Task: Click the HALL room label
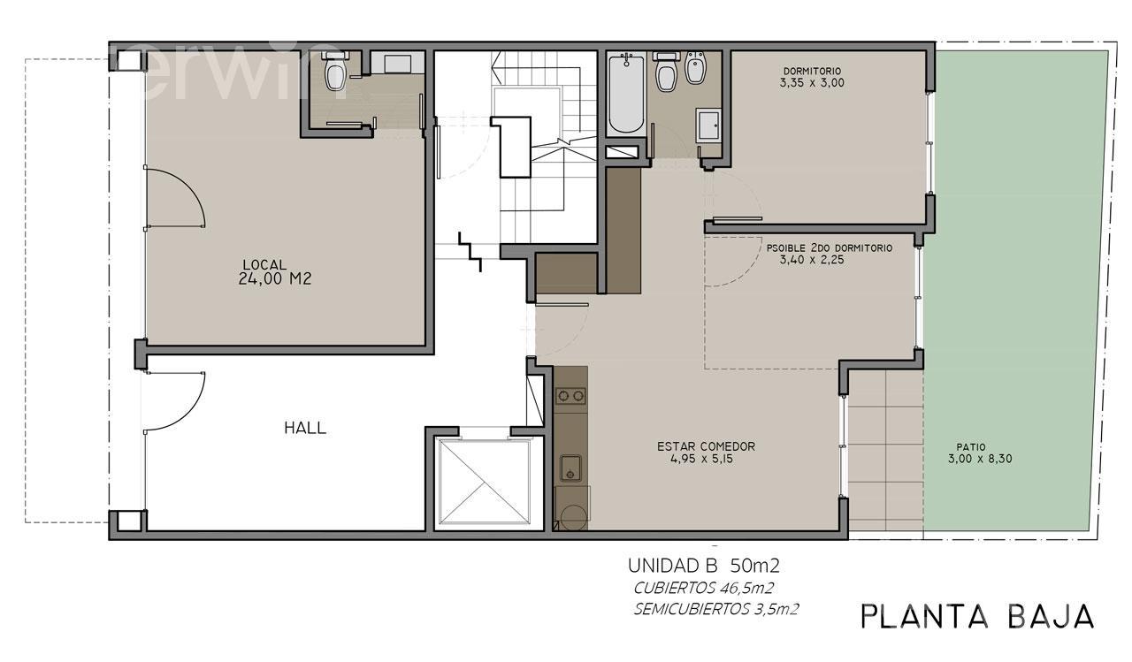(305, 428)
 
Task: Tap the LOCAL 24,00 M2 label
(274, 271)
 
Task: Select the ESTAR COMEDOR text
(706, 446)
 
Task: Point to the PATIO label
(971, 447)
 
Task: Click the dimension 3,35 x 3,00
(812, 83)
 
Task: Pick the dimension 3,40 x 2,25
(812, 260)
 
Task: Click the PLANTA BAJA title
(977, 617)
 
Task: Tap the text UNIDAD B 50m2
(703, 566)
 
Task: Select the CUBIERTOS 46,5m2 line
(703, 589)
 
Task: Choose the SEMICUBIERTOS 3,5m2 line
(716, 610)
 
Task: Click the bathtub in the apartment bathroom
(626, 94)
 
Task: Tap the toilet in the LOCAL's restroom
(334, 72)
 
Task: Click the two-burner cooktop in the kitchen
(570, 396)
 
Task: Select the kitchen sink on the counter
(570, 468)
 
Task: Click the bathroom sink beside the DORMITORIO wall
(708, 126)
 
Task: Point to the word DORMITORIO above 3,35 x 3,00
(812, 72)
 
